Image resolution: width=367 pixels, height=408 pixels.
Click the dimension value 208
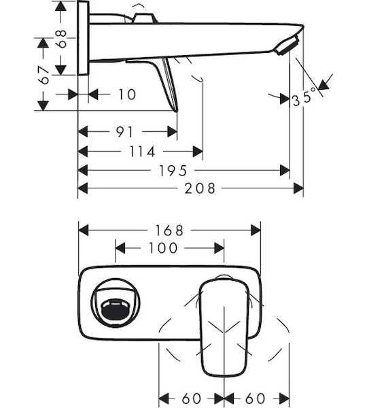coord(200,188)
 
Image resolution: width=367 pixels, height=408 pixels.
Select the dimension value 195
coord(173,171)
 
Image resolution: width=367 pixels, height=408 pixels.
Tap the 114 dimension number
coord(142,152)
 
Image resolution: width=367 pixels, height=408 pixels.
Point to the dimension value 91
coord(124,132)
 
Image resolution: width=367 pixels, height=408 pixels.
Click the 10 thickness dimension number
coord(127,95)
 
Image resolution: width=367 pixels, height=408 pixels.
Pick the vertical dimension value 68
coord(61,39)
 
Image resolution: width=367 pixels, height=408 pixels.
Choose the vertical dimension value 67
coord(43,75)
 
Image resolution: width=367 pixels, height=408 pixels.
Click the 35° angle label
coord(304,97)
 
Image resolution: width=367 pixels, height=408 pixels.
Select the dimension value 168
coord(169,231)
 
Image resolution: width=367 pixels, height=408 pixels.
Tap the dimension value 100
coord(163,248)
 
